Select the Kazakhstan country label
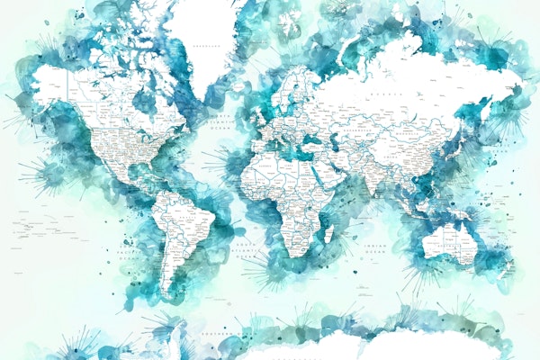tap(353, 128)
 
